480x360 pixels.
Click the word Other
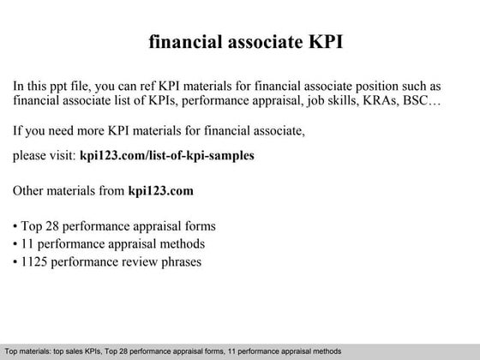(x=32, y=190)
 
